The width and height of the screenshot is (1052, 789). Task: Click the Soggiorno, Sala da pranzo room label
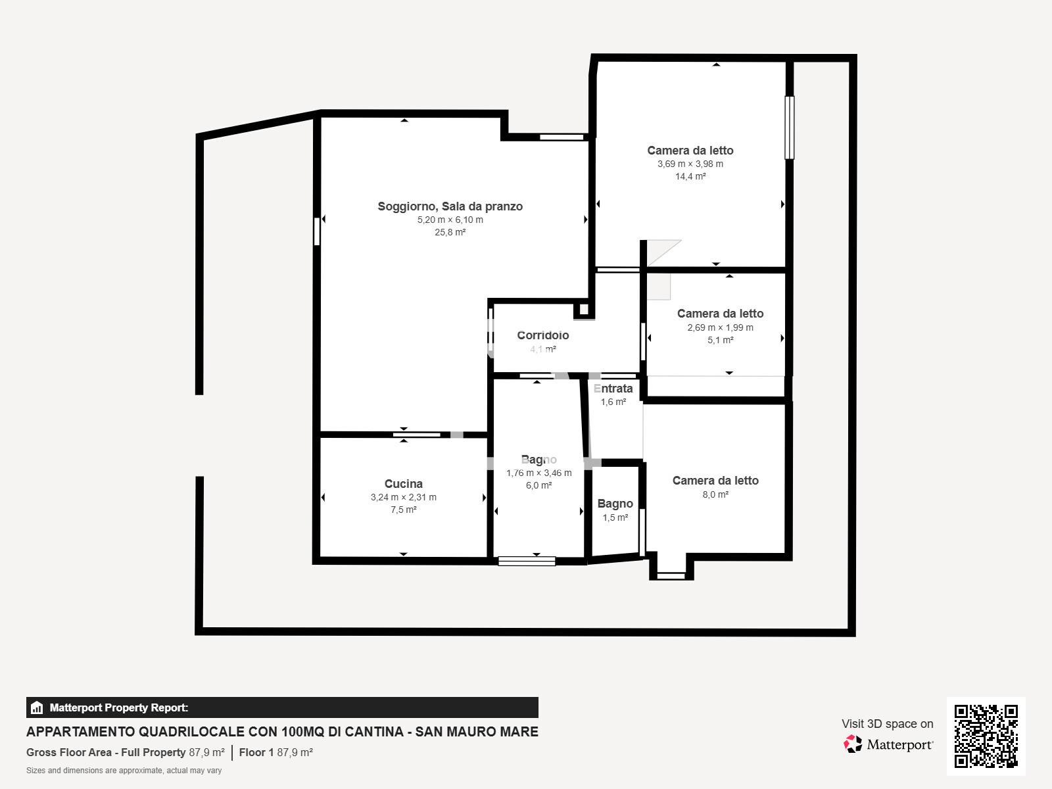(450, 206)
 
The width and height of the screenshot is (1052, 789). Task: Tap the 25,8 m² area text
(450, 232)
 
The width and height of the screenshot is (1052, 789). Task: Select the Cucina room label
(403, 484)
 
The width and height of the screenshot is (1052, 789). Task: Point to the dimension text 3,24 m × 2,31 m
(403, 497)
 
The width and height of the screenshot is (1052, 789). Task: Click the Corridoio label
(542, 335)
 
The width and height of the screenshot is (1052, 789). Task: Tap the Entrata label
(613, 389)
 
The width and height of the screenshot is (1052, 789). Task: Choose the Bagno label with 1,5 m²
(615, 504)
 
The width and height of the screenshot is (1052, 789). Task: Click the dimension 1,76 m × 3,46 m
(538, 473)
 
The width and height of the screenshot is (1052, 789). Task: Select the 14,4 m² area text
(690, 176)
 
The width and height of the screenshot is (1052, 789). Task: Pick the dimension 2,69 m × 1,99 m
(720, 327)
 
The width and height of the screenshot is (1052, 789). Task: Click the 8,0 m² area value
(715, 494)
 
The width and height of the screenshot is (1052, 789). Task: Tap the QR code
(986, 736)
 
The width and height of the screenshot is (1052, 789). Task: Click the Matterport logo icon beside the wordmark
(853, 744)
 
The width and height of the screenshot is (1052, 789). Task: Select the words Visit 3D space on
(887, 724)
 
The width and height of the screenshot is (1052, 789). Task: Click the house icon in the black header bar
(37, 708)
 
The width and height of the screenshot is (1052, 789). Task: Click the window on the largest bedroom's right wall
(790, 128)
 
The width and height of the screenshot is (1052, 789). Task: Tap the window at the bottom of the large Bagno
(527, 561)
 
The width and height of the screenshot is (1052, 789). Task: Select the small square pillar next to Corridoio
(583, 309)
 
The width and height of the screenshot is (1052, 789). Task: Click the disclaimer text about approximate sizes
(124, 771)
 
